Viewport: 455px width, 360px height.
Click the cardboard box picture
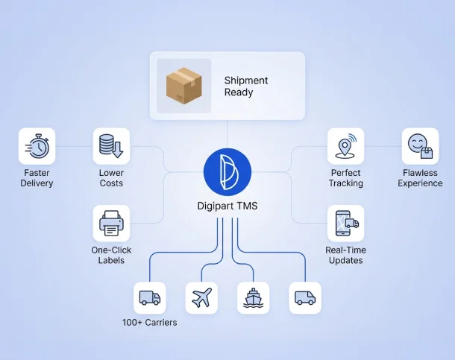pyautogui.click(x=183, y=86)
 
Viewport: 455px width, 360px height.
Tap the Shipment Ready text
pyautogui.click(x=245, y=86)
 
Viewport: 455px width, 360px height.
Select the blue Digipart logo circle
pyautogui.click(x=228, y=172)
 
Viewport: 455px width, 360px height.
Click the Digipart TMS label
pyautogui.click(x=228, y=206)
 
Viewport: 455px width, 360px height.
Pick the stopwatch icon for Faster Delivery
pyautogui.click(x=37, y=146)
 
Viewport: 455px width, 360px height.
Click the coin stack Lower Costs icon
pyautogui.click(x=111, y=146)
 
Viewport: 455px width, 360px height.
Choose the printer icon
pyautogui.click(x=111, y=223)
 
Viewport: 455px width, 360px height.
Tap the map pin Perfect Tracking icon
pyautogui.click(x=345, y=146)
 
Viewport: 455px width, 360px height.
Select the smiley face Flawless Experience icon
pyautogui.click(x=420, y=146)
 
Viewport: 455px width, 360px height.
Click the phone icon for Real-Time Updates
pyautogui.click(x=345, y=223)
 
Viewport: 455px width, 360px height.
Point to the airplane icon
pyautogui.click(x=201, y=298)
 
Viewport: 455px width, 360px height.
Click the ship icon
pyautogui.click(x=253, y=298)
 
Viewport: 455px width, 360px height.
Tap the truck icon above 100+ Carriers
pyautogui.click(x=149, y=298)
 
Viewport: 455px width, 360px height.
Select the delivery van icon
pyautogui.click(x=305, y=298)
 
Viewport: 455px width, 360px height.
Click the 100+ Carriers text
pyautogui.click(x=150, y=323)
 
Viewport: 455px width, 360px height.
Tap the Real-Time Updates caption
pyautogui.click(x=345, y=255)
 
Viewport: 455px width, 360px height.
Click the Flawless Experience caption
pyautogui.click(x=420, y=178)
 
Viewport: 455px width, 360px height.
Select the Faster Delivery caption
pyautogui.click(x=37, y=178)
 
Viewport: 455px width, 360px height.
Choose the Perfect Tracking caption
pyautogui.click(x=345, y=178)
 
